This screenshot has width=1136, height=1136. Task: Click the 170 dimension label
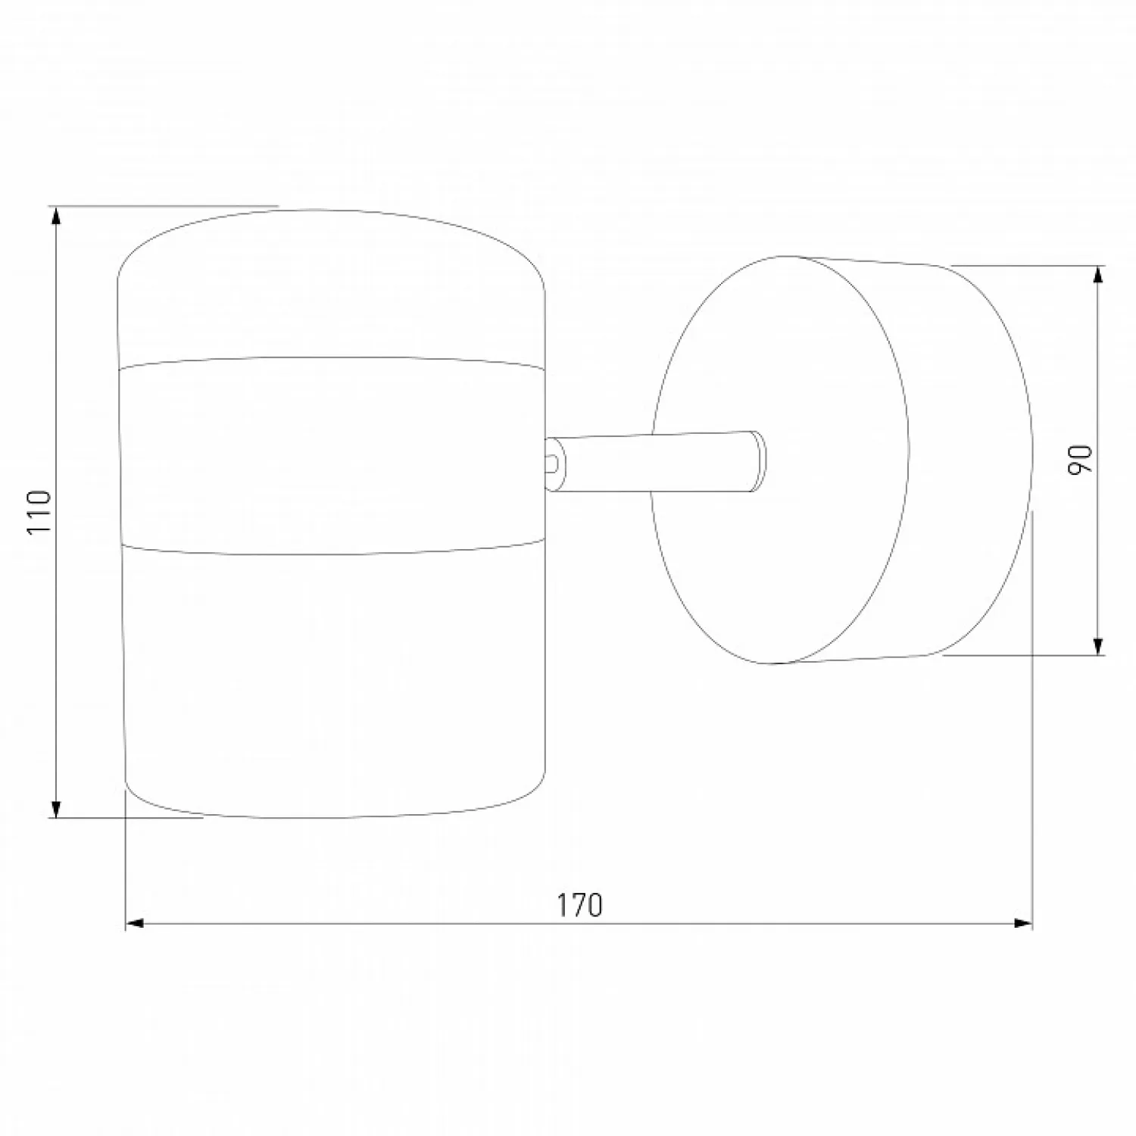point(580,905)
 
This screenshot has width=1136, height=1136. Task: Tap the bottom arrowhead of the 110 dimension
point(55,808)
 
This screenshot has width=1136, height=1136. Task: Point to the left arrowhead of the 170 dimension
point(135,923)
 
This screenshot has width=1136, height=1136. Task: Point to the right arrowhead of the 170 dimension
point(1023,923)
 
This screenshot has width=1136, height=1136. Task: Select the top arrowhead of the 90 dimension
point(1099,275)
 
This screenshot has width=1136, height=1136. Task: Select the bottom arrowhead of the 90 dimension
point(1099,645)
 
